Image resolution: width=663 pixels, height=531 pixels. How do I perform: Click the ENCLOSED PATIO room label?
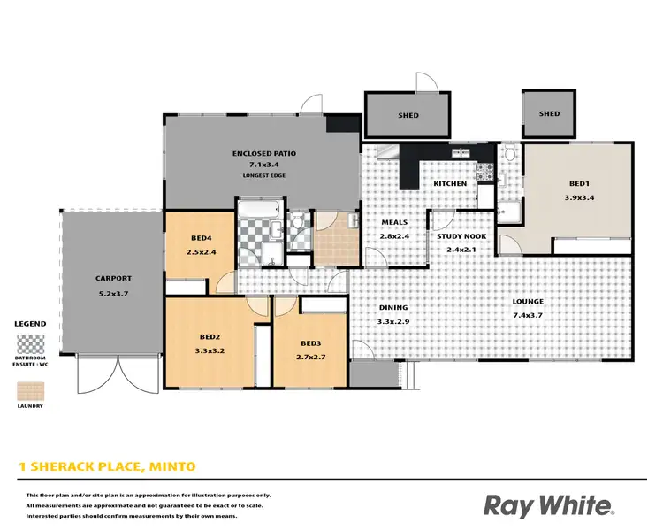pyautogui.click(x=264, y=153)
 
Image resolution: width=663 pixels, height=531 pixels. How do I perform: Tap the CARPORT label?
pyautogui.click(x=114, y=278)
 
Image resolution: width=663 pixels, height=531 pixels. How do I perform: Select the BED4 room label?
pyautogui.click(x=202, y=238)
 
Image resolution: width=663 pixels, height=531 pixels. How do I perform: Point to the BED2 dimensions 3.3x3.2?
pyautogui.click(x=209, y=350)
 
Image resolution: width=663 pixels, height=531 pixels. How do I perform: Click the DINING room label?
pyautogui.click(x=392, y=308)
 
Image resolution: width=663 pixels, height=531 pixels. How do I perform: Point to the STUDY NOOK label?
pyautogui.click(x=457, y=236)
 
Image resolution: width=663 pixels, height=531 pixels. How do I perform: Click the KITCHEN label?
pyautogui.click(x=449, y=183)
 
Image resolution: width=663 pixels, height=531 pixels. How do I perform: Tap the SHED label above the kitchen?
pyautogui.click(x=408, y=115)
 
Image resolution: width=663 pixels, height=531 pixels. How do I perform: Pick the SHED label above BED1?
pyautogui.click(x=550, y=114)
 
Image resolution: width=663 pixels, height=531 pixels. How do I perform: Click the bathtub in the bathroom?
pyautogui.click(x=258, y=210)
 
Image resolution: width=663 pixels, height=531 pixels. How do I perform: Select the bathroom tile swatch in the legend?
pyautogui.click(x=31, y=343)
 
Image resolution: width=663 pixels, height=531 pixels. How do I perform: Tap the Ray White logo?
pyautogui.click(x=548, y=506)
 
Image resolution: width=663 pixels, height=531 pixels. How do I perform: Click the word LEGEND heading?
pyautogui.click(x=30, y=324)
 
